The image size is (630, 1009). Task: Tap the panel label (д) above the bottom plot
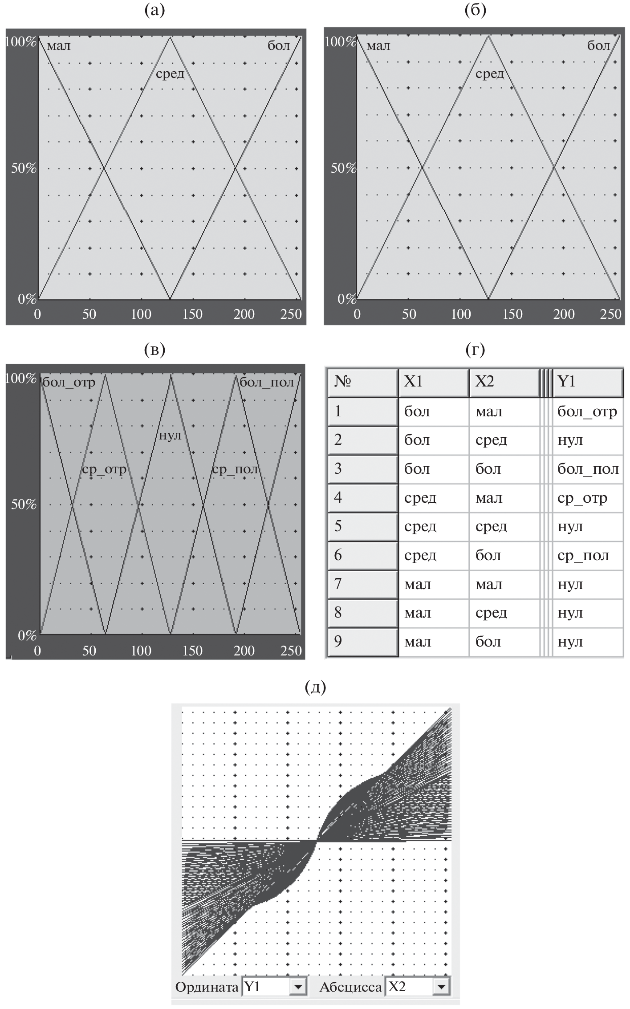(x=315, y=688)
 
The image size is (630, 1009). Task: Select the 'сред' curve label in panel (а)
(x=170, y=74)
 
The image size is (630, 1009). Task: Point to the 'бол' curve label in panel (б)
(x=598, y=46)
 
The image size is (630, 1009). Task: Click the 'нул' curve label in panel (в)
(x=170, y=435)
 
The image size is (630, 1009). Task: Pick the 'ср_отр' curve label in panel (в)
(x=104, y=469)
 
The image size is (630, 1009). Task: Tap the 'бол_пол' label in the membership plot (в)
(x=266, y=382)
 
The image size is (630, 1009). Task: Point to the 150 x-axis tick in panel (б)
(x=512, y=314)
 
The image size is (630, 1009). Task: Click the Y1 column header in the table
(x=587, y=382)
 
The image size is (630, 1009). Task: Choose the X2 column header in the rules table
(x=503, y=382)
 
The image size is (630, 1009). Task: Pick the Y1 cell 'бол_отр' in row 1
(x=587, y=411)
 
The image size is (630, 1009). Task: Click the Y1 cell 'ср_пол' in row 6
(x=583, y=555)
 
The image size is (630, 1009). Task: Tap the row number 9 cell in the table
(x=362, y=642)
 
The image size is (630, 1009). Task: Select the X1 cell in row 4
(x=420, y=498)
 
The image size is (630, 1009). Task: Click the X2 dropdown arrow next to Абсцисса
(x=441, y=987)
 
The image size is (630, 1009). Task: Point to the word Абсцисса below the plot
(x=350, y=987)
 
